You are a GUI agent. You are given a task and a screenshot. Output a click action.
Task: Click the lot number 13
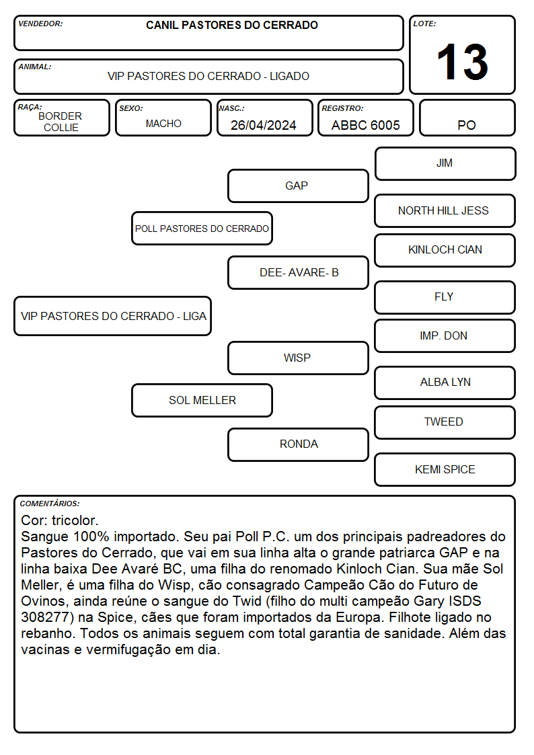[462, 62]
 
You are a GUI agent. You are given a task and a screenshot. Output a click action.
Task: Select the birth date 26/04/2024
[264, 125]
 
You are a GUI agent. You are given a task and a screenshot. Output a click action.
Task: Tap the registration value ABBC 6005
[365, 125]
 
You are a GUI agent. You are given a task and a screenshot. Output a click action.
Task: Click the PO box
[467, 118]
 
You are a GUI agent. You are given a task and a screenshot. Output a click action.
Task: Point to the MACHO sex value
[163, 124]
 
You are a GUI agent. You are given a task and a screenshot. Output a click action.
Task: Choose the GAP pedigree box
[298, 186]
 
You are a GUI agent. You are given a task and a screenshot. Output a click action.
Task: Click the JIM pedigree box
[445, 164]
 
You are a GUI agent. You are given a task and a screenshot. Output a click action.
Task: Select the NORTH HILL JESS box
[445, 211]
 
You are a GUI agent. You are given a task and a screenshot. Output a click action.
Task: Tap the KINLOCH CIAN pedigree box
[445, 250]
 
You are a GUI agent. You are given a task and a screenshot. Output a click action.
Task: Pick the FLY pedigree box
[445, 298]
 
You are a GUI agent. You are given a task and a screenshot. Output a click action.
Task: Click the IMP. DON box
[445, 336]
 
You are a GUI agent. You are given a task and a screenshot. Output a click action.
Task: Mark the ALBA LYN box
[445, 383]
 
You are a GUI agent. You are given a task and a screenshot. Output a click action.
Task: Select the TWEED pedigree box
[445, 422]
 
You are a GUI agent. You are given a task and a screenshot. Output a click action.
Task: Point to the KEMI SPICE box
[445, 469]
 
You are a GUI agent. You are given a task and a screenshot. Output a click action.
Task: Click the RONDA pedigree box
[298, 444]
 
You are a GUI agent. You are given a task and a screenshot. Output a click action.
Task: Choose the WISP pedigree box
[298, 358]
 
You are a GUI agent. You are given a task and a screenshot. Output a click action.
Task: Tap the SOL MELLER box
[202, 400]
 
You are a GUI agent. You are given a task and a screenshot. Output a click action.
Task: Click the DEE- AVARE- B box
[298, 272]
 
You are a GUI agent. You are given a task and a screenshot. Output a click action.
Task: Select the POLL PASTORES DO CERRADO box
[202, 228]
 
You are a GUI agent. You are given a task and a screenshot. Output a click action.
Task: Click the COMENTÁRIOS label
[50, 504]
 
